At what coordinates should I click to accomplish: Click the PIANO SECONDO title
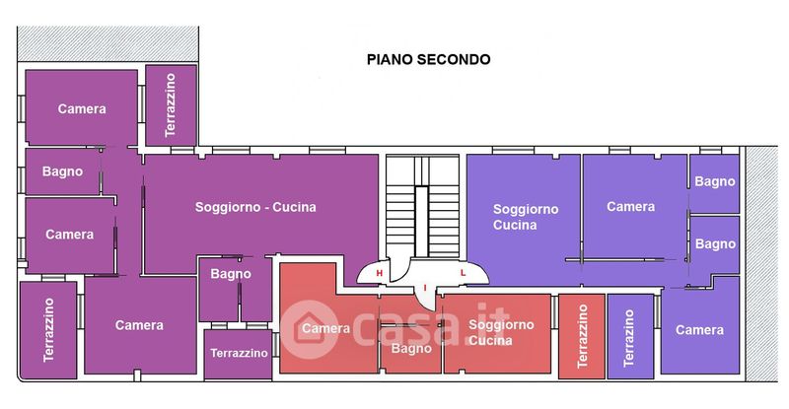tap(429, 59)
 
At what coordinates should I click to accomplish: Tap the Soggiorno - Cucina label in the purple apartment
tap(255, 207)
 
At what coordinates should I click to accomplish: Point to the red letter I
tap(425, 287)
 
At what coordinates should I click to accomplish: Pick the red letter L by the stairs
tap(462, 274)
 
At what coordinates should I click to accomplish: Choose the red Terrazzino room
tap(582, 336)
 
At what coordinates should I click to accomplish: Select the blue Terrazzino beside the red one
tap(630, 336)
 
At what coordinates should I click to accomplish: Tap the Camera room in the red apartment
tap(325, 328)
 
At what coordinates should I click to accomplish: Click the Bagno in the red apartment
tap(411, 348)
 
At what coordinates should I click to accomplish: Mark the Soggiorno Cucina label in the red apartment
tap(501, 332)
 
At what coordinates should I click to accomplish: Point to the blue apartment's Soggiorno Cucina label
tap(525, 217)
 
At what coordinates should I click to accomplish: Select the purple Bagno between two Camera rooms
tap(62, 171)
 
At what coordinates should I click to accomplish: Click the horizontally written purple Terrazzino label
tap(240, 353)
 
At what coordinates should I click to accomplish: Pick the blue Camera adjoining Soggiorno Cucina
tap(630, 207)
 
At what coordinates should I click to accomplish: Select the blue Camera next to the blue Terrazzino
tap(699, 330)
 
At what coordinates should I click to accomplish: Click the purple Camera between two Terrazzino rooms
tap(139, 325)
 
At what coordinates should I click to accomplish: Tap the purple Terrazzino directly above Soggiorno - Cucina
tap(171, 104)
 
